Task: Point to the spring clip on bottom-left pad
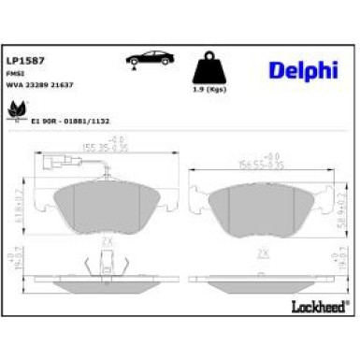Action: click(x=97, y=267)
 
